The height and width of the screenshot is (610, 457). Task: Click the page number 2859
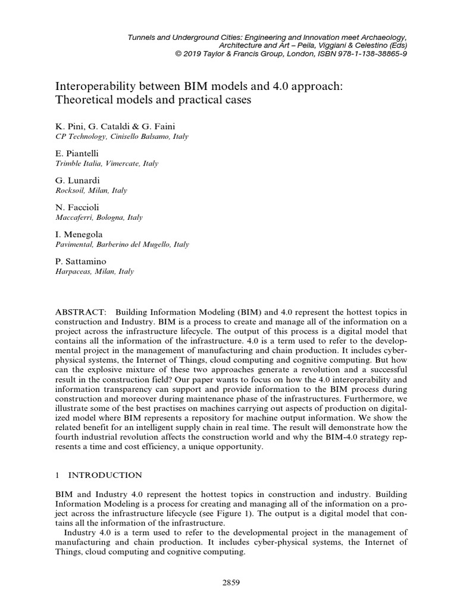pyautogui.click(x=229, y=583)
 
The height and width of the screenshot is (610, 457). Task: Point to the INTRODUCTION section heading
pyautogui.click(x=105, y=475)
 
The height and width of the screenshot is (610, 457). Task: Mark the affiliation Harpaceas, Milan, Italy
pyautogui.click(x=94, y=272)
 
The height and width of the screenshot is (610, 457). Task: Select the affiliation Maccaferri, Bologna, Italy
pyautogui.click(x=99, y=217)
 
